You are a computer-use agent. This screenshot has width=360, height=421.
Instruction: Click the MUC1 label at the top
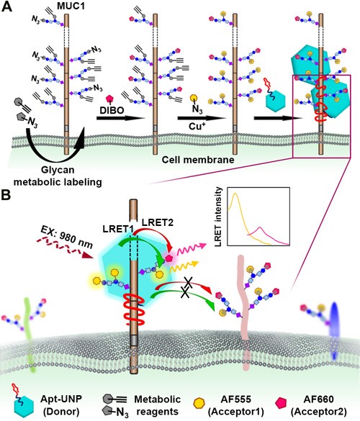click(71, 6)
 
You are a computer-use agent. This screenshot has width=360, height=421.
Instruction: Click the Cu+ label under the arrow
click(196, 126)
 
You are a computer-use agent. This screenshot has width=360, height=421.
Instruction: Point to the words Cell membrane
click(198, 160)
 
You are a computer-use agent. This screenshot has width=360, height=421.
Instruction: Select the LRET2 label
click(158, 222)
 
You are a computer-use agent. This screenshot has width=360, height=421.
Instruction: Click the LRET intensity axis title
click(220, 217)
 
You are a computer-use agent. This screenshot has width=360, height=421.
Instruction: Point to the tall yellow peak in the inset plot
click(235, 193)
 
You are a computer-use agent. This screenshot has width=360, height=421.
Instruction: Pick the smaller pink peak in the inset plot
click(260, 227)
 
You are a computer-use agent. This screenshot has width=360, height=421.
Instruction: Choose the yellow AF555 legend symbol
click(199, 403)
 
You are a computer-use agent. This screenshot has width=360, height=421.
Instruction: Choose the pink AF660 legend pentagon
click(281, 403)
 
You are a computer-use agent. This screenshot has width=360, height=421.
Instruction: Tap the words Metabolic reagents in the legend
click(158, 405)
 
